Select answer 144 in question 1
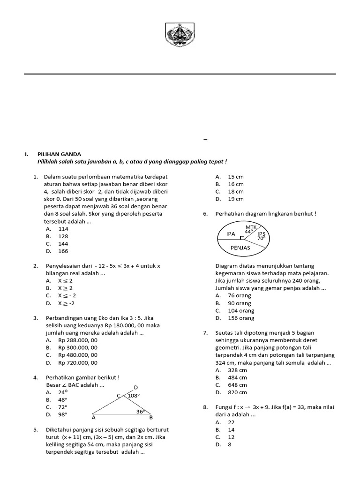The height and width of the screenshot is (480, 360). click(63, 244)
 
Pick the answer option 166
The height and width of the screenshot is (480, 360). click(63, 251)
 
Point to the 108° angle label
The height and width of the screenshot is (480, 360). click(134, 396)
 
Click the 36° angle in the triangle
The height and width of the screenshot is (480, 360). click(140, 412)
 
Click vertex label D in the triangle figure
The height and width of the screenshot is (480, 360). click(136, 387)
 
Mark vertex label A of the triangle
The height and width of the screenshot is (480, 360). click(94, 417)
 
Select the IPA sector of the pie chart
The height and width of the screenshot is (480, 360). click(231, 233)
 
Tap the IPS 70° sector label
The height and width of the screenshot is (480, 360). click(261, 235)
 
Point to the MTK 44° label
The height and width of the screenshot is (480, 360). click(248, 229)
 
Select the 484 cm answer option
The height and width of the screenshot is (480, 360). click(237, 377)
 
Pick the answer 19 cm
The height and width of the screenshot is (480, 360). click(235, 199)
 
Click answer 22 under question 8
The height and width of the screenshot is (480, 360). click(231, 422)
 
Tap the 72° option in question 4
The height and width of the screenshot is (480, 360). click(63, 407)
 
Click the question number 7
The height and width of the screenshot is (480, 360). click(205, 332)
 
